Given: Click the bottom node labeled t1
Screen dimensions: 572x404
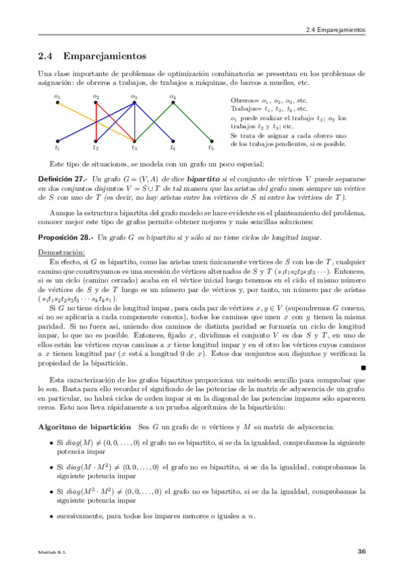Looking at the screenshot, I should click(x=58, y=141).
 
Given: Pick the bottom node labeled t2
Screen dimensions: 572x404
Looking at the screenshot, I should click(x=96, y=141).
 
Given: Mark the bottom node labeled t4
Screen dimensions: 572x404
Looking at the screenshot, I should click(x=173, y=141).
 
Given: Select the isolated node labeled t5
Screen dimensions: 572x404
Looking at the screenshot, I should click(x=211, y=141).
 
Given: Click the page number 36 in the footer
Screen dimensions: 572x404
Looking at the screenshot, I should click(x=361, y=552).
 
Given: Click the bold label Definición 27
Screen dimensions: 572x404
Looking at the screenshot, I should click(x=65, y=176).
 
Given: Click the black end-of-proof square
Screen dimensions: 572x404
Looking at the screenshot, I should click(x=363, y=368).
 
